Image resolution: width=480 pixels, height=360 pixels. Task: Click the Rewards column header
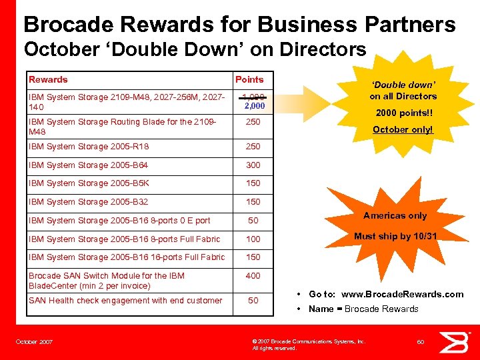click(x=48, y=79)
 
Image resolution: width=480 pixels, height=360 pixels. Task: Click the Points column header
click(x=249, y=79)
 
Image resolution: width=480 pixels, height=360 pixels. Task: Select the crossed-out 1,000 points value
click(x=253, y=97)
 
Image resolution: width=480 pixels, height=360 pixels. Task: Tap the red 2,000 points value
click(x=254, y=105)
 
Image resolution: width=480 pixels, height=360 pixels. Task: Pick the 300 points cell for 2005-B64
click(x=253, y=165)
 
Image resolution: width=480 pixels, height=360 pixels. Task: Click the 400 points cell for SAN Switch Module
click(x=253, y=275)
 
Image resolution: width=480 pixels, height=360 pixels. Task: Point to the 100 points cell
click(x=253, y=239)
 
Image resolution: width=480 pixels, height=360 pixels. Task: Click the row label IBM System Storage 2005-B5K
click(x=89, y=183)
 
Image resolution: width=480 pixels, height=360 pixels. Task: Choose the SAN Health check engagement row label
click(x=125, y=301)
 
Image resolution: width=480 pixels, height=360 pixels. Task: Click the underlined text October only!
click(x=403, y=129)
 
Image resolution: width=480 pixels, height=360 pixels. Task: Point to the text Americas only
click(x=395, y=215)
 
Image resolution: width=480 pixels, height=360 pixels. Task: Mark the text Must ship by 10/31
click(x=395, y=236)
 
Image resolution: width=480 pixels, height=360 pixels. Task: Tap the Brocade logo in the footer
click(x=458, y=341)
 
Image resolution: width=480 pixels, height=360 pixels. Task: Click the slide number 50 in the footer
click(x=421, y=341)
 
